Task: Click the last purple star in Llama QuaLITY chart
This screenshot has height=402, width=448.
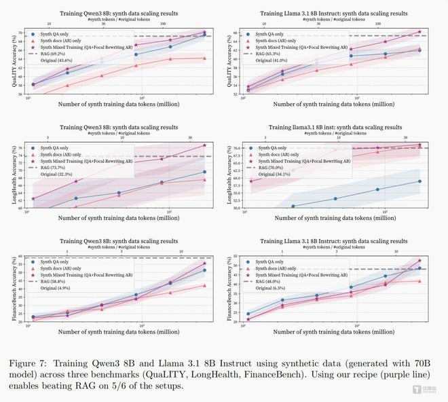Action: click(x=419, y=31)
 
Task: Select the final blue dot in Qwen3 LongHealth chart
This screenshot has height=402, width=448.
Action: click(x=204, y=172)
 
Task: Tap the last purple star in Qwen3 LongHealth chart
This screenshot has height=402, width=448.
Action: click(x=204, y=145)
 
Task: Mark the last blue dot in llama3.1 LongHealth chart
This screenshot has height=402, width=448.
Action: click(x=419, y=181)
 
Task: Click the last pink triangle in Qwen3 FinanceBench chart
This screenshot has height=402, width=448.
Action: click(x=204, y=286)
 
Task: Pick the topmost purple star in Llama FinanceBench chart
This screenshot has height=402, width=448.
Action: click(x=419, y=260)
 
